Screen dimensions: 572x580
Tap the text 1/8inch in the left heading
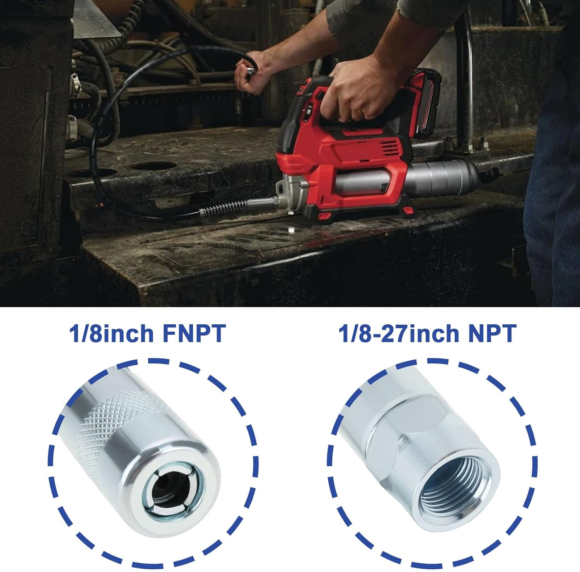pyautogui.click(x=112, y=333)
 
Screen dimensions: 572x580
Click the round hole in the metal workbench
pyautogui.click(x=153, y=166)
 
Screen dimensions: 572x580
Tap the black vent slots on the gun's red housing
pyautogui.click(x=391, y=147)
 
